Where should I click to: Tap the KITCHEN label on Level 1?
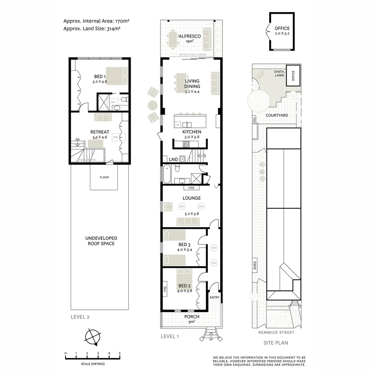(x=192, y=132)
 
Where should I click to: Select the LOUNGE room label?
(x=192, y=198)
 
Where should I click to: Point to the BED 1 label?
(x=100, y=77)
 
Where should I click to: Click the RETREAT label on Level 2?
(x=100, y=132)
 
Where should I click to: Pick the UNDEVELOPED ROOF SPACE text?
(x=101, y=241)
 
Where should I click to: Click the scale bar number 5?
(x=120, y=353)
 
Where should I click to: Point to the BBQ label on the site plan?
(x=254, y=120)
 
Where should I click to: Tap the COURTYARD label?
(x=277, y=115)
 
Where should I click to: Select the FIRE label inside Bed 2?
(x=165, y=289)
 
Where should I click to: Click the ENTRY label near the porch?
(x=214, y=297)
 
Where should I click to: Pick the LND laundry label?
(x=173, y=159)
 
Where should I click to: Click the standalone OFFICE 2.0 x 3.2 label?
(x=282, y=31)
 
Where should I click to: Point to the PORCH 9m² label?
(x=192, y=319)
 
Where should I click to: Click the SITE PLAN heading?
(x=276, y=342)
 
